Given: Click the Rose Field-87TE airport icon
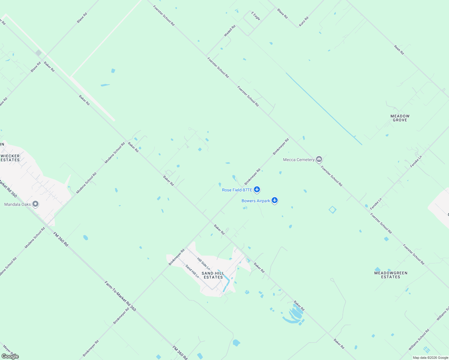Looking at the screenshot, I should [x=257, y=190].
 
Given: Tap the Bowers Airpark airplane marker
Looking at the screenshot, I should [x=274, y=200].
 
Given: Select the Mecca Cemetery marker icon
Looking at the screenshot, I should [x=319, y=159].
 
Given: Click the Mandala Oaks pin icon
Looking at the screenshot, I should [x=35, y=204].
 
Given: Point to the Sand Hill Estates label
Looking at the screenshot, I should [x=213, y=275].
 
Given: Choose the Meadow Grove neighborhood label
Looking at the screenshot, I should [x=400, y=118].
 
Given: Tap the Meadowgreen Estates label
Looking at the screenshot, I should [x=390, y=275].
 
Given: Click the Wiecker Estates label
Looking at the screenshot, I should [x=10, y=158].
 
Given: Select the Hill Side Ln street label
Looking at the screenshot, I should [x=203, y=263].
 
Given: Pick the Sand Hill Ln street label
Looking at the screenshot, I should [x=192, y=271].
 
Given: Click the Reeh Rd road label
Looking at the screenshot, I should [x=399, y=50].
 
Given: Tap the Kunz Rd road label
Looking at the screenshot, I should [x=303, y=22].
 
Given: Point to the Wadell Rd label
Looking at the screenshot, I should [x=230, y=31].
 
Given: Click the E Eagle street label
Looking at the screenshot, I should [x=256, y=16].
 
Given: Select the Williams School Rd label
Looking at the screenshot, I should [x=419, y=340].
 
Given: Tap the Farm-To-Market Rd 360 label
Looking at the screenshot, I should [x=120, y=296].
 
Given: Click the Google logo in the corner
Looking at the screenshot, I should [x=10, y=356].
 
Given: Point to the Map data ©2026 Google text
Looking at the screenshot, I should [x=430, y=358].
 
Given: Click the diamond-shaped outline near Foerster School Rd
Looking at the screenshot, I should [x=332, y=210].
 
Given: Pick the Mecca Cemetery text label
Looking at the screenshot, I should [x=299, y=160].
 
